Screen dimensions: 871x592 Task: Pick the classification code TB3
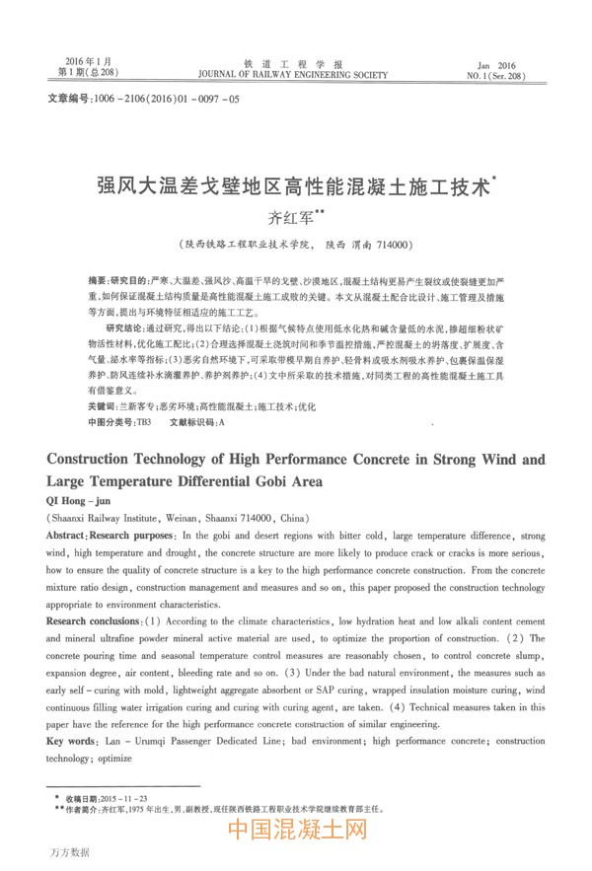pos(142,421)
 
